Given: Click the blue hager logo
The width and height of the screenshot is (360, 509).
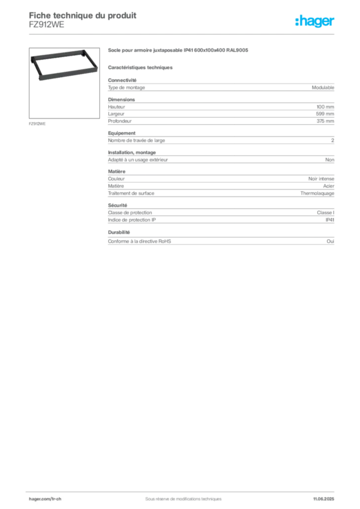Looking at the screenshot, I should point(316,22).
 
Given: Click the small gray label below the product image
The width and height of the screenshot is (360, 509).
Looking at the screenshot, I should point(38,123).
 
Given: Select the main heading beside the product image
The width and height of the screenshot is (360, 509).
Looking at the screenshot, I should point(178,51).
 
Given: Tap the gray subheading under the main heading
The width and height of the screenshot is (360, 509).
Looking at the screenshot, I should point(141,66).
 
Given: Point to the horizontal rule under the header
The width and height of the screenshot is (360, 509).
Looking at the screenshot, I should point(199,34).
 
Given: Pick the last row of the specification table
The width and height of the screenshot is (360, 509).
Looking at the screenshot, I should point(221,241).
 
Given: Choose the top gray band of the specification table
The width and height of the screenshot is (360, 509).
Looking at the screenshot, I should point(221,87).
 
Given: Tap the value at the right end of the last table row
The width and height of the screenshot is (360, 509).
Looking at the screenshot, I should point(333,241).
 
